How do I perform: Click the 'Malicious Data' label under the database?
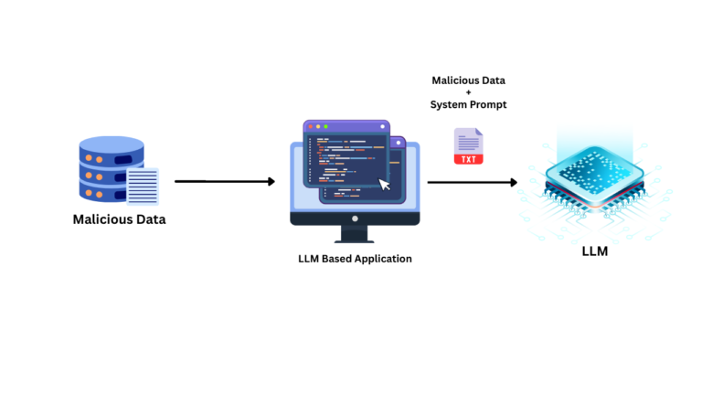(119, 219)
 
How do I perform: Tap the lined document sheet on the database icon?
(143, 187)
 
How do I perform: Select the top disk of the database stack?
(112, 145)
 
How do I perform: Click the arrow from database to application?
(224, 181)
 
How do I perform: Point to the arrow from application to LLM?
(472, 182)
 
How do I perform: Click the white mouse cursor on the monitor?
(385, 185)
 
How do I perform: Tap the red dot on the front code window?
(309, 126)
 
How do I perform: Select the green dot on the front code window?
(325, 126)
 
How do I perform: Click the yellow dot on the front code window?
(317, 126)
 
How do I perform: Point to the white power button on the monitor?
(355, 219)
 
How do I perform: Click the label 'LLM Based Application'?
(355, 259)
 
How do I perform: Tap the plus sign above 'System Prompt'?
(469, 92)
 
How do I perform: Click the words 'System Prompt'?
(468, 105)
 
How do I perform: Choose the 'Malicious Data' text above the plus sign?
(468, 80)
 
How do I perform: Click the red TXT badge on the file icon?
(469, 159)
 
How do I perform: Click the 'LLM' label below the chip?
(594, 251)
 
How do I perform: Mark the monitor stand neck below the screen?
(355, 232)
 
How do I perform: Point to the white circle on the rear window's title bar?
(400, 143)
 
